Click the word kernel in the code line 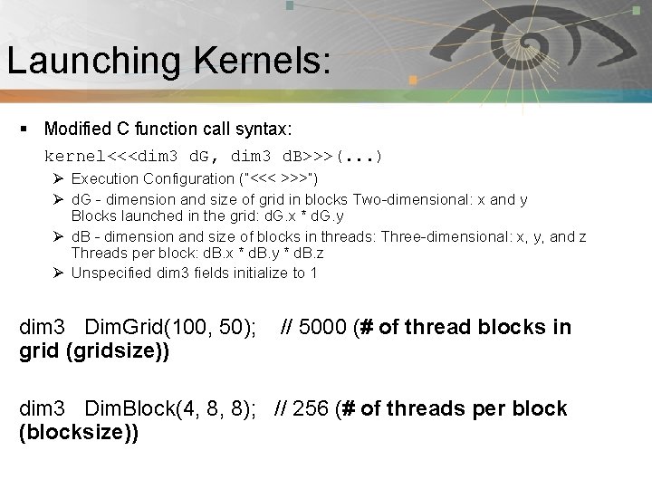point(75,155)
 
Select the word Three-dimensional point(449,236)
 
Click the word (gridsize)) point(118,350)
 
